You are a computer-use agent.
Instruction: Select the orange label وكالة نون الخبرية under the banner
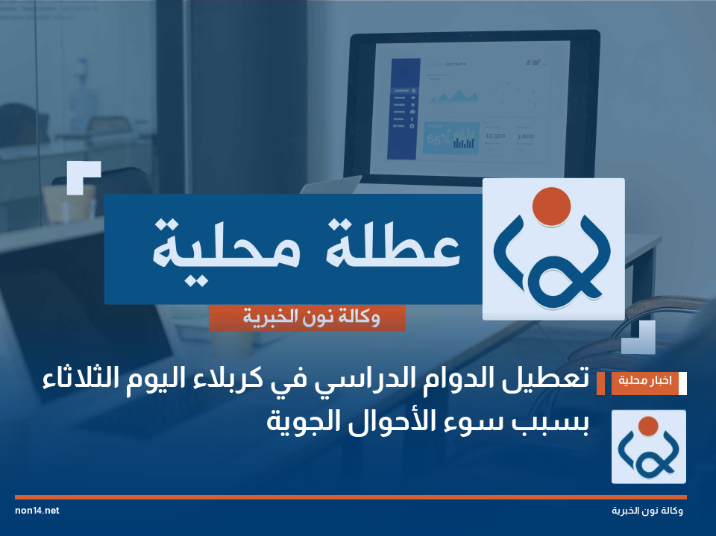pos(307,318)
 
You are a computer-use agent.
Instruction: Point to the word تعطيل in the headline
pos(543,381)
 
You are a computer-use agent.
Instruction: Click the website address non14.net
pos(37,511)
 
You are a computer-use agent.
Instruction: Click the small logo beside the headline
pos(648,447)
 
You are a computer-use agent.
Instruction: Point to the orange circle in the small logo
pos(648,426)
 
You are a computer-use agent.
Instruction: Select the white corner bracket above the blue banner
pos(83,177)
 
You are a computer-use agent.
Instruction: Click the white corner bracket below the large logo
pos(639,337)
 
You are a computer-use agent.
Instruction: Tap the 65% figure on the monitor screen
pos(437,139)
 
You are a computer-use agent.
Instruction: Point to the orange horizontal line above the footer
pos(351,496)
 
